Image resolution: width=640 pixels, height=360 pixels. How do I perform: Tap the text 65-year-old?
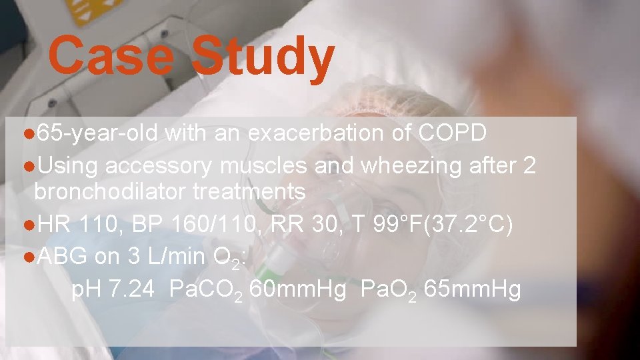pyautogui.click(x=97, y=133)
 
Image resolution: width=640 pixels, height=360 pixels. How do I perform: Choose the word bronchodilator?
pyautogui.click(x=110, y=193)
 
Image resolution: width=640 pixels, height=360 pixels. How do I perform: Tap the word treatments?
pyautogui.click(x=249, y=193)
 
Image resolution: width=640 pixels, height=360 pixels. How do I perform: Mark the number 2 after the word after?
pyautogui.click(x=529, y=163)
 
